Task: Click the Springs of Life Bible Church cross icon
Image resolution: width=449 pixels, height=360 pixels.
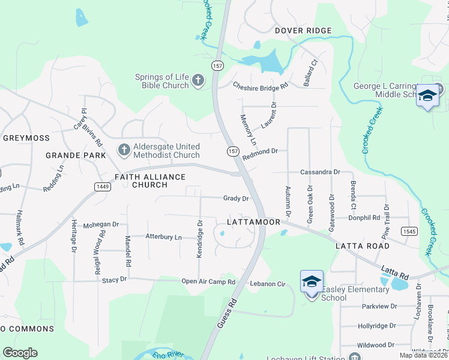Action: [x=198, y=80]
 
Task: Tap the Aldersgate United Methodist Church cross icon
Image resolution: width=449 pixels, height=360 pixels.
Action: [x=124, y=149]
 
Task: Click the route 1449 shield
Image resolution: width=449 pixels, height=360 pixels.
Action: [x=102, y=187]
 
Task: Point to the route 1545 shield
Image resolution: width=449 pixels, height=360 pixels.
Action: [x=410, y=231]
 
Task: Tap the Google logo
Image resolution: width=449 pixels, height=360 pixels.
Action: [x=20, y=353]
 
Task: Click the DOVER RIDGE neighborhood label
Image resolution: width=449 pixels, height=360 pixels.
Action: [x=303, y=31]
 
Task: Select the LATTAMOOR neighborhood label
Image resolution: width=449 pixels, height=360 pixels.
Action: [x=254, y=222]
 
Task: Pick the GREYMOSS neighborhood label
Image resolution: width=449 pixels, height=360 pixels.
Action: [x=26, y=138]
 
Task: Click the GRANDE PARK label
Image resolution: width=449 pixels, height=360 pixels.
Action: [x=76, y=155]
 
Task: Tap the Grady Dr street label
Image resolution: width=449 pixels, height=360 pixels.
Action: [x=236, y=198]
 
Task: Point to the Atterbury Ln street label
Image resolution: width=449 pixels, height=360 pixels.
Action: [x=163, y=237]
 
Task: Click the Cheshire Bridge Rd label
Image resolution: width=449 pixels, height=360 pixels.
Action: [x=261, y=86]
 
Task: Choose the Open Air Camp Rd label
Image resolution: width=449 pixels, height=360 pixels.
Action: [x=208, y=281]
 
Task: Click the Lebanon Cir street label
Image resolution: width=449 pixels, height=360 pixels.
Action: [x=267, y=282]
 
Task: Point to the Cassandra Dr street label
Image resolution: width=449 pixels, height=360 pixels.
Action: [x=320, y=172]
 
